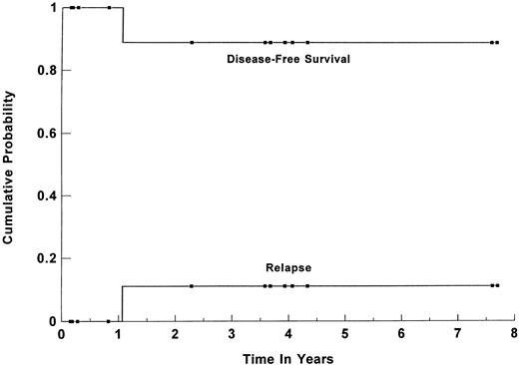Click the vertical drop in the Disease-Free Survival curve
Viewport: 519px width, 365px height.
pyautogui.click(x=123, y=25)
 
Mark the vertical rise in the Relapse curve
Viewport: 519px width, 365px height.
pyautogui.click(x=123, y=304)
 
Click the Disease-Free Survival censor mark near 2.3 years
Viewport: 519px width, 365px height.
pyautogui.click(x=192, y=43)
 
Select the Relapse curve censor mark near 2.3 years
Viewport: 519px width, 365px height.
pyautogui.click(x=192, y=286)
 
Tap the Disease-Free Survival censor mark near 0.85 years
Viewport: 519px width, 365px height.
pyautogui.click(x=110, y=8)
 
